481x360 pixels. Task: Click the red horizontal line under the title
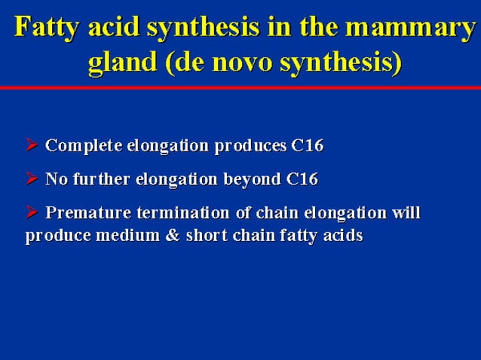[x=240, y=88]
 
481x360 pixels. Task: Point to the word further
[x=97, y=180]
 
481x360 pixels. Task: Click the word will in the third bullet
[x=406, y=214]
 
